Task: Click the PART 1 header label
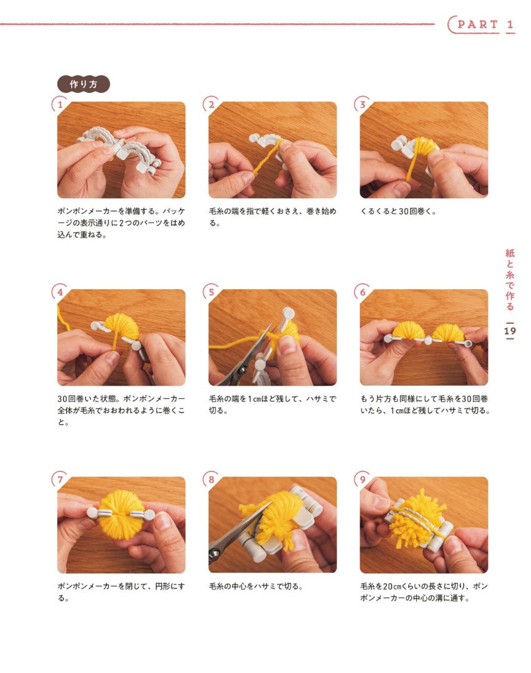coord(485,24)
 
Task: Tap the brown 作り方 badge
coord(84,84)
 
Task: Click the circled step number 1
coord(60,104)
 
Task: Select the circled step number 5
coord(211,292)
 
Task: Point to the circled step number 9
coord(362,479)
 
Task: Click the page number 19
coord(510,331)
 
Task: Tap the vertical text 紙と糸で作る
coord(510,279)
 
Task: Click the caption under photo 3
coord(398,211)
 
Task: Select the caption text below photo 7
coord(121,592)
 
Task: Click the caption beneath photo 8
coord(256,586)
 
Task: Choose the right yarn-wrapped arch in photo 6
coord(447,333)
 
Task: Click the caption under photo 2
coord(273,217)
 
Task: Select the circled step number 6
coord(362,292)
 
